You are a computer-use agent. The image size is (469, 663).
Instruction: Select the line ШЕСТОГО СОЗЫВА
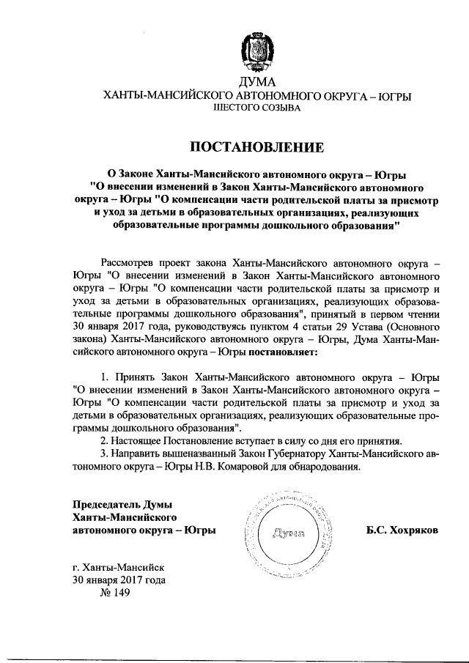[x=256, y=108]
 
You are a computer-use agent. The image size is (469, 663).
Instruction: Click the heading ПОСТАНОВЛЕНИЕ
[x=256, y=147]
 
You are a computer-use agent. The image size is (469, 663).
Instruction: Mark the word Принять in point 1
[x=135, y=375]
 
